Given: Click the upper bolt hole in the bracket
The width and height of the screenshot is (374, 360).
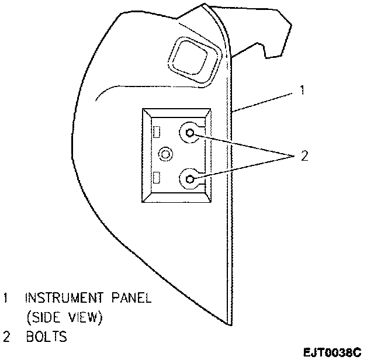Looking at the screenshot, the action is tap(190, 133).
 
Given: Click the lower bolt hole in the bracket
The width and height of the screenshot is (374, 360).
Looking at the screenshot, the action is tap(190, 177).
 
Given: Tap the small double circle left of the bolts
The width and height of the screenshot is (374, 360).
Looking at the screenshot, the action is tap(167, 155).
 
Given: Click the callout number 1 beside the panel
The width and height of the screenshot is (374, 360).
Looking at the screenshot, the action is tap(302, 91).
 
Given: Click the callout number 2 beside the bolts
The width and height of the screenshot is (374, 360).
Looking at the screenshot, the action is tap(303, 155).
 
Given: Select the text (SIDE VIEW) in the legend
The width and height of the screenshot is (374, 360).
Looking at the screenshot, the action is tap(64, 318).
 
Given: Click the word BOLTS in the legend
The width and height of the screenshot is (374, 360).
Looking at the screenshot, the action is tap(46, 337).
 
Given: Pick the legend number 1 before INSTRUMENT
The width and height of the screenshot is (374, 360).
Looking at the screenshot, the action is tap(6, 298).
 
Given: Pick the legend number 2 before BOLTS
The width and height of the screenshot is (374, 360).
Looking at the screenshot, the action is tap(6, 337).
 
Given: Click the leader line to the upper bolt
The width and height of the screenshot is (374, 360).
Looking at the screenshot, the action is tap(245, 145).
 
